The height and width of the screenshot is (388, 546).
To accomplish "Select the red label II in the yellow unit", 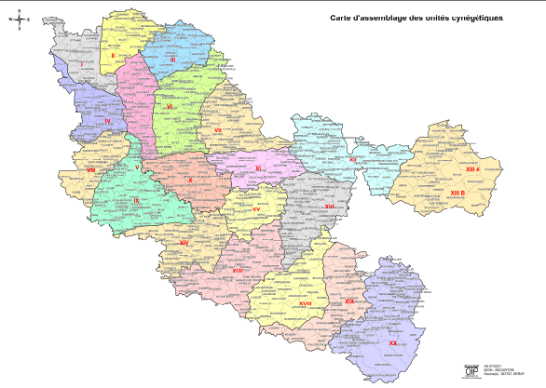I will [113, 56].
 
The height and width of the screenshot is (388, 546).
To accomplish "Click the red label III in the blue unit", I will [173, 59].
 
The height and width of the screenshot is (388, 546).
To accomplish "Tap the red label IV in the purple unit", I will [109, 122].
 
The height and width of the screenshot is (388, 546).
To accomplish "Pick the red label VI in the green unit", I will [170, 107].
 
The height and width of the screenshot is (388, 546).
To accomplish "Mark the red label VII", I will [218, 129].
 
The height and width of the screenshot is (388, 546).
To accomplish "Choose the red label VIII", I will [91, 170].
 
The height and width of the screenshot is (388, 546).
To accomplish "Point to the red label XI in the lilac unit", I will [258, 168].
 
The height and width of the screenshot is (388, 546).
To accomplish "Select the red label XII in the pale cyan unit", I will [353, 159].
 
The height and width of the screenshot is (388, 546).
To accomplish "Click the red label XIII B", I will [457, 193].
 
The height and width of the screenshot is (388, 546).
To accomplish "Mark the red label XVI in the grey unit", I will [329, 207].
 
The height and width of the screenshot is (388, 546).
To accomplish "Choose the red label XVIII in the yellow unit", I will [305, 303].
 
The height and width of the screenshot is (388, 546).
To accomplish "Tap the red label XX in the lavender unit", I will [393, 343].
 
